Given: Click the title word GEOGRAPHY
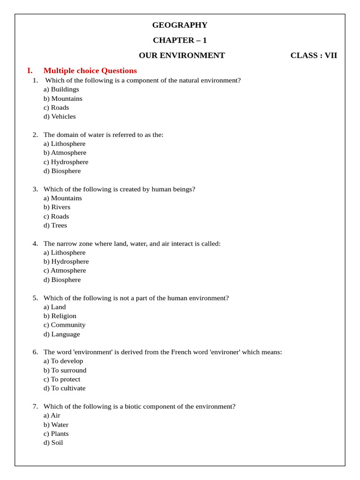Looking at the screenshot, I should [180, 25].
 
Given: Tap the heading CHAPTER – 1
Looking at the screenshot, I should [180, 40].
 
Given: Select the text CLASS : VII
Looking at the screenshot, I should [314, 55].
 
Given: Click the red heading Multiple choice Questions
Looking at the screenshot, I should [90, 71].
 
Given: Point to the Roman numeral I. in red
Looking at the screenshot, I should [30, 71].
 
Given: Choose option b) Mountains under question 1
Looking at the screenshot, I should [63, 98].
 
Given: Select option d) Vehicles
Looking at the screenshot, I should [60, 116].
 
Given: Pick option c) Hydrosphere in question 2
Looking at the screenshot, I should [66, 162].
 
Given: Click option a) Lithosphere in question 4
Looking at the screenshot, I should [64, 252].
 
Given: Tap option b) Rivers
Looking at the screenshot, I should [57, 207].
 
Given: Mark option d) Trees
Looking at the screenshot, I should [55, 225].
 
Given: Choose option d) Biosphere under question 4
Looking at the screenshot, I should [62, 280].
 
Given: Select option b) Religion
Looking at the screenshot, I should [60, 316].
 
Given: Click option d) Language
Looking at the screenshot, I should [61, 334].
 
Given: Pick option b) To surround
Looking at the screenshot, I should [65, 370].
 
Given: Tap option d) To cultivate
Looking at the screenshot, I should [64, 388].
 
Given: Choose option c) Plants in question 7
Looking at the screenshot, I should [56, 434].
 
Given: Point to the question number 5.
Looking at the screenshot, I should [35, 298].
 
